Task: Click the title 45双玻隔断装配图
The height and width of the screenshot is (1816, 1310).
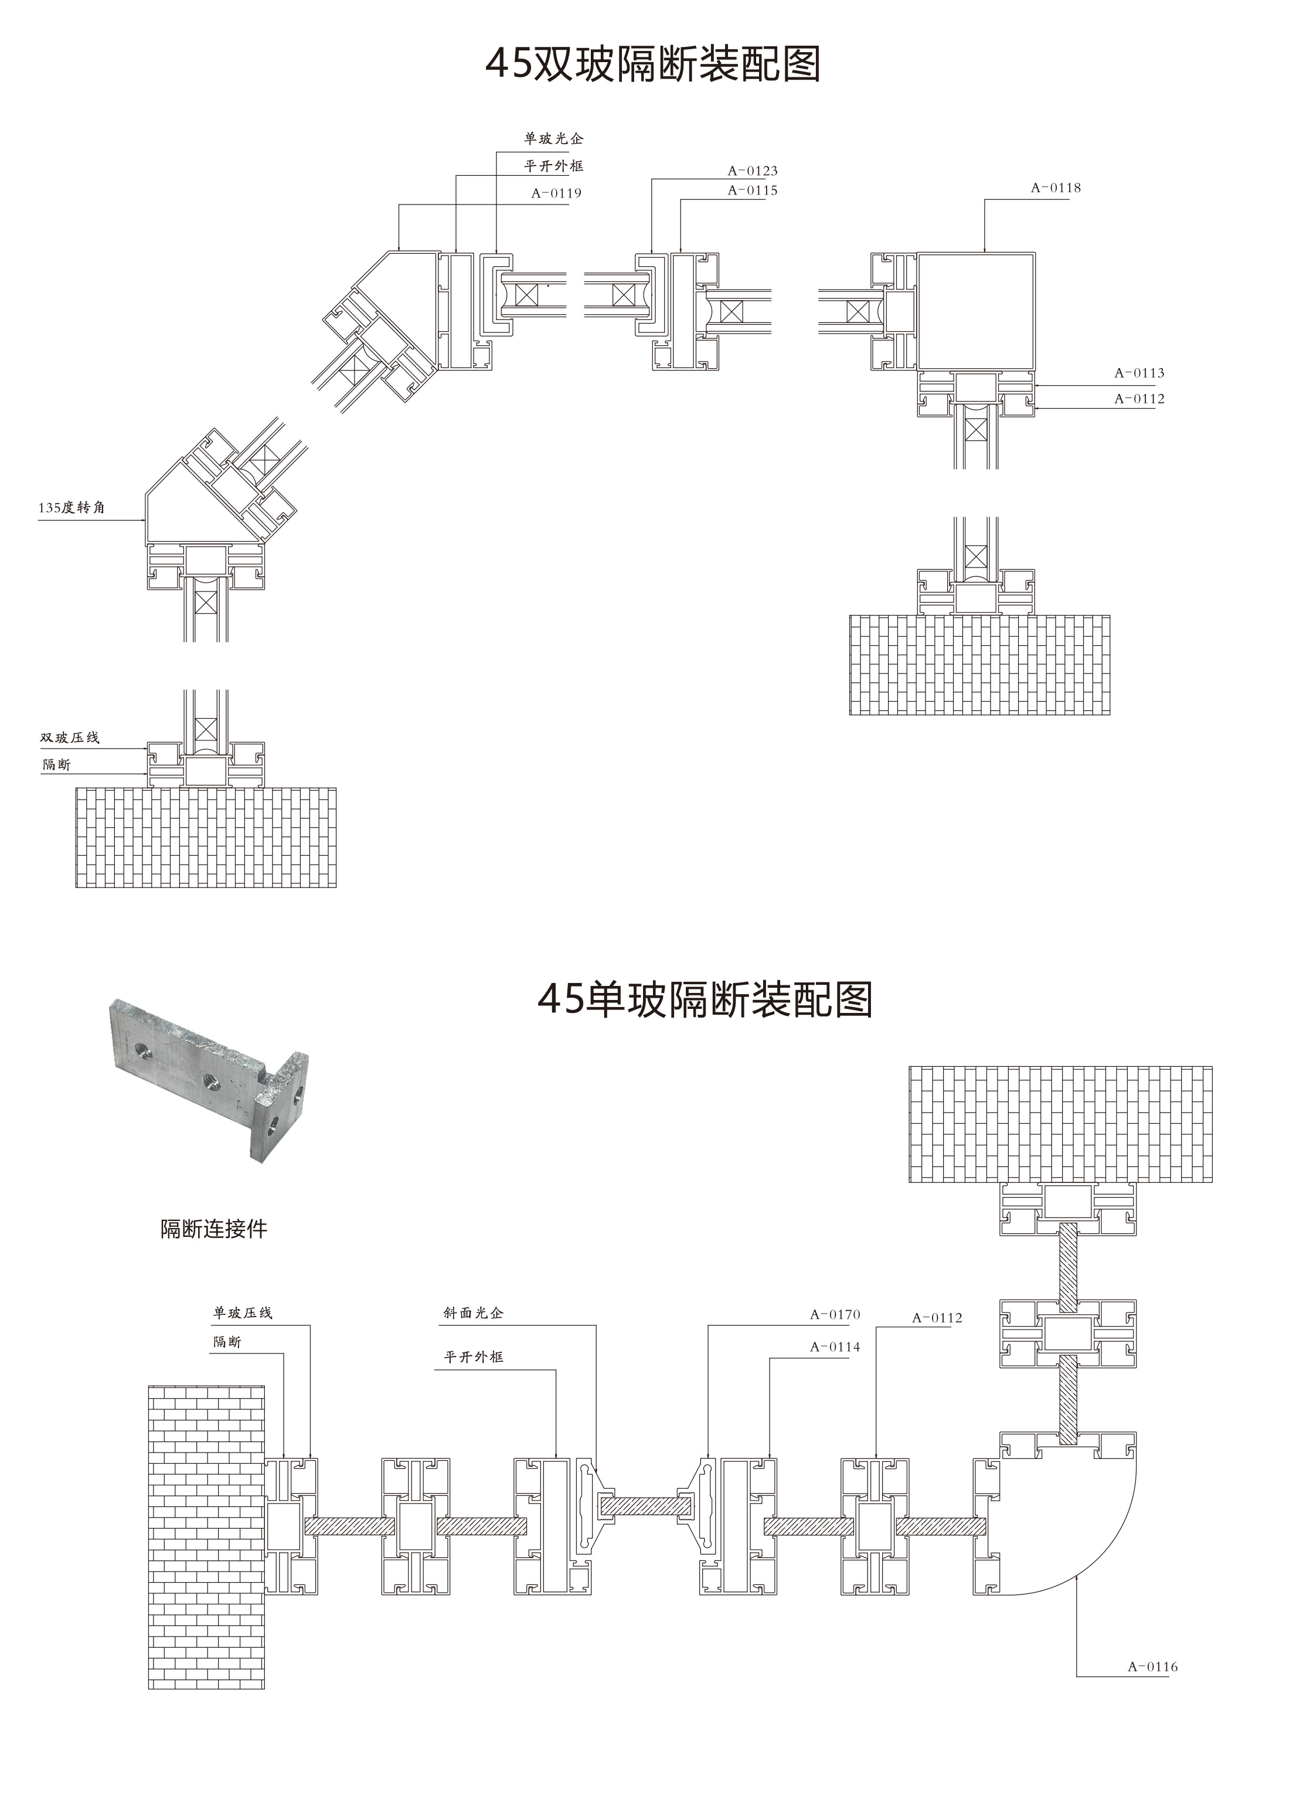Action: [654, 64]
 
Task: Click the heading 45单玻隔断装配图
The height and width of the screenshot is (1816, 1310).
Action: [705, 999]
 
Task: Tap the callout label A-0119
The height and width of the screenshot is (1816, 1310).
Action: [556, 193]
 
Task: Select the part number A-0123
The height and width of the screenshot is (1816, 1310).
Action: [752, 171]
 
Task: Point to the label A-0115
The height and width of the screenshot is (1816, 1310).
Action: [752, 191]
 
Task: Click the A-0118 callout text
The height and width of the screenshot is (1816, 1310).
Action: [1056, 188]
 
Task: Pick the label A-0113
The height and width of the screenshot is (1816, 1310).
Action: [1139, 373]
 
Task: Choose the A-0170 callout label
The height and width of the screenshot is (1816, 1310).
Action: [835, 1315]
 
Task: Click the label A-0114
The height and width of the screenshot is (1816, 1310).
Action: [835, 1347]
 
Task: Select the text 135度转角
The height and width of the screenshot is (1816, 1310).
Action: [72, 508]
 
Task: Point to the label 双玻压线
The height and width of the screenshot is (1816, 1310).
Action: [70, 737]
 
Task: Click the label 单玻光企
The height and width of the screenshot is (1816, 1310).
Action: [553, 138]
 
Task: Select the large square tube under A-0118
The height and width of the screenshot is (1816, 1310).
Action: [975, 311]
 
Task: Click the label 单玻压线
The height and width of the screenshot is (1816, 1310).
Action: [243, 1313]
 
